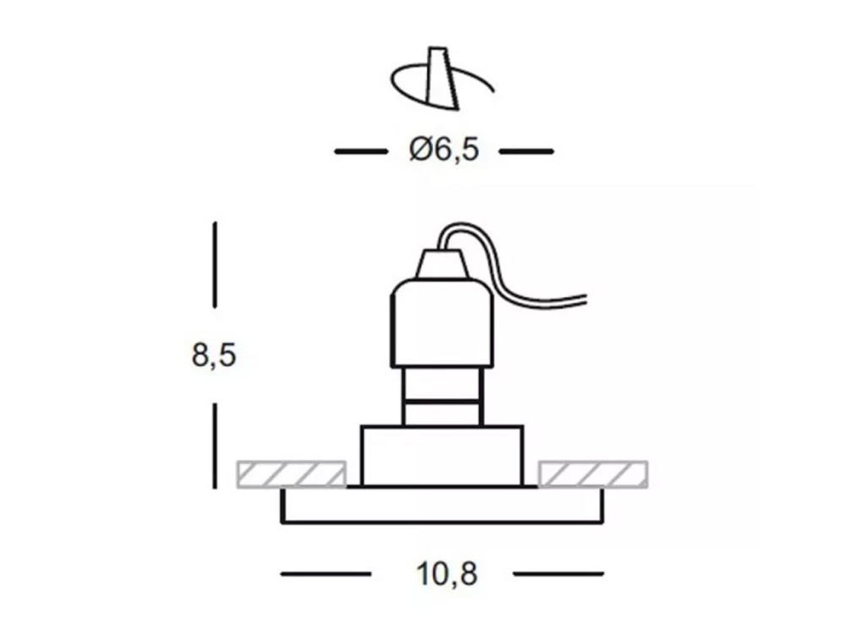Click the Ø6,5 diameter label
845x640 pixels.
(444, 150)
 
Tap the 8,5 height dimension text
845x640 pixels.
(214, 355)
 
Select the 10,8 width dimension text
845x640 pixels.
(447, 574)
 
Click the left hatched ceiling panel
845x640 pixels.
(292, 474)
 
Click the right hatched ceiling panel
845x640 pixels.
(593, 474)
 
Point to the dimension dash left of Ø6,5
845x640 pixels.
(361, 151)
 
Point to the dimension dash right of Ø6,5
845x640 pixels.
(526, 151)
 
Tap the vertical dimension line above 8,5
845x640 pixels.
(215, 265)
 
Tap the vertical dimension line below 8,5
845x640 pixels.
(215, 446)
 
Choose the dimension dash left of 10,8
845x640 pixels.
(325, 574)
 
